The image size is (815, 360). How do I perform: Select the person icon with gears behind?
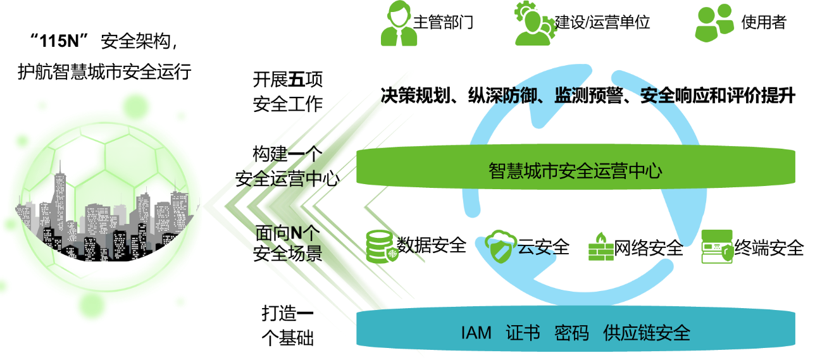535,24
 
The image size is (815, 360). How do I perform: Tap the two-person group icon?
714,24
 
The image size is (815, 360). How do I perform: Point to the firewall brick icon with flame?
600,247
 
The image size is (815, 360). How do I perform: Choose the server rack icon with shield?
717,247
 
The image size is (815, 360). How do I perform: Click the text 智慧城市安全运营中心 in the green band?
575,170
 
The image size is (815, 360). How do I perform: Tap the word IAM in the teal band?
476,333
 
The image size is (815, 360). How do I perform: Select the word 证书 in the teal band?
523,333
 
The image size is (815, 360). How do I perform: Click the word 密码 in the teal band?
571,333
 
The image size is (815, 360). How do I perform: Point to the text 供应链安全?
647,333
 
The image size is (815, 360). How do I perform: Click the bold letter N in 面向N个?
294,233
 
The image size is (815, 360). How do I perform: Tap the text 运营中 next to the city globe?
297,180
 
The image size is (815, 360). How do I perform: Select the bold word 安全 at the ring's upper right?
656,96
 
